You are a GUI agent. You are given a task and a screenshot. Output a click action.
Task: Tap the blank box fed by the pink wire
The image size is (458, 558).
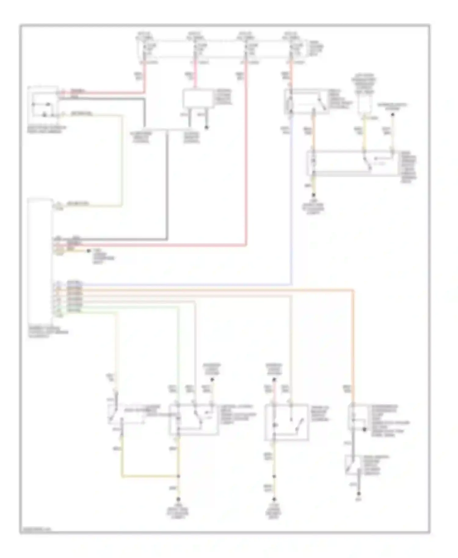[x=198, y=98]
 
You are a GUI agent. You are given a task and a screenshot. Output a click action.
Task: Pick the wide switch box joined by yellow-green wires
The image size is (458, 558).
[x=354, y=163]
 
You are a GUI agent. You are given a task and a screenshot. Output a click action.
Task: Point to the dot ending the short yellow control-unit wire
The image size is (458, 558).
[x=89, y=251]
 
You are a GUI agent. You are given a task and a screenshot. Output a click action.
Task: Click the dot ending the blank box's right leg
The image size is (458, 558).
[x=207, y=127]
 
